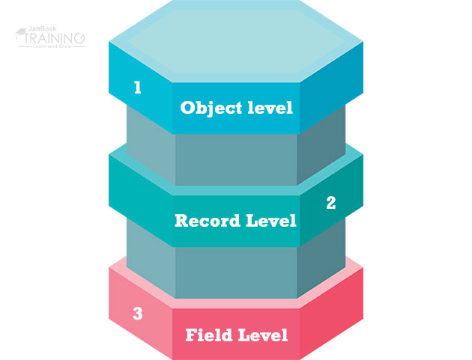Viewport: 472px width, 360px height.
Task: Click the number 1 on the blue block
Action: pos(137,88)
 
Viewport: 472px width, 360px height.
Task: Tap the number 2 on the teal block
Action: pos(330,203)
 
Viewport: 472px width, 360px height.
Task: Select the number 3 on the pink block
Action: pos(137,314)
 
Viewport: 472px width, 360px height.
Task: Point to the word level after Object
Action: pos(270,108)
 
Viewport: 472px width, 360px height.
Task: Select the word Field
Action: pos(210,335)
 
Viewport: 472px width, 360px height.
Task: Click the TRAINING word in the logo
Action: pos(55,37)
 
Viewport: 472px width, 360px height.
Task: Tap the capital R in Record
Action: pos(181,222)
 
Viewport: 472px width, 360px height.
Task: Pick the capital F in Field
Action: pos(190,335)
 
